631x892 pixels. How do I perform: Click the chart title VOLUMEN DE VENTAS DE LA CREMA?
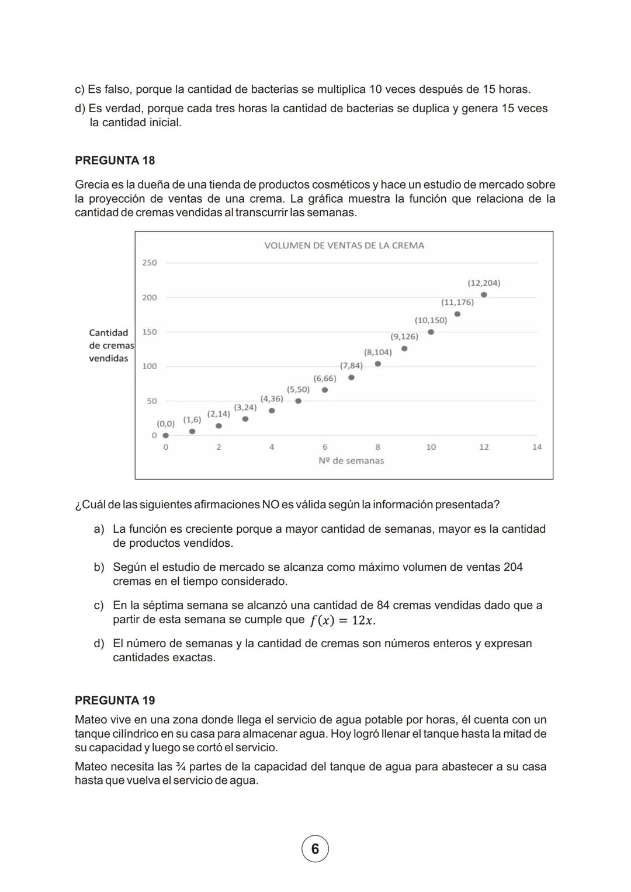click(344, 245)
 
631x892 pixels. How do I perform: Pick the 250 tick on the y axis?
click(150, 263)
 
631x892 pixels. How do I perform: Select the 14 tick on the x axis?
click(536, 447)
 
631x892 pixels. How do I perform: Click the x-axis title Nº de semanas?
click(351, 460)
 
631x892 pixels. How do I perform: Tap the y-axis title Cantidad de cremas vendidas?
click(110, 345)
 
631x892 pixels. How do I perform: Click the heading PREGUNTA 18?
click(115, 160)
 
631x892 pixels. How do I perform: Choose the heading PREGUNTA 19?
click(115, 700)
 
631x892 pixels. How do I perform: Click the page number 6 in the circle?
click(315, 849)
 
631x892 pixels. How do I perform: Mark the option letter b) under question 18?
click(99, 567)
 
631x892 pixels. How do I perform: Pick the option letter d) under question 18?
click(99, 643)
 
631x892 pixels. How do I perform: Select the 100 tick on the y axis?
click(150, 366)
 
